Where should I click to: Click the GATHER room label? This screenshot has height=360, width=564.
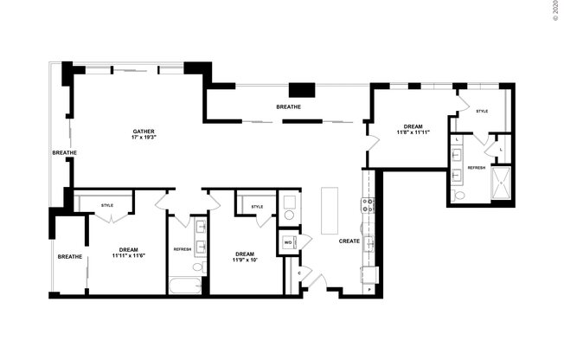(x=144, y=130)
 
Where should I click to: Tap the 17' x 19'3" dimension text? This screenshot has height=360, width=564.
(x=144, y=138)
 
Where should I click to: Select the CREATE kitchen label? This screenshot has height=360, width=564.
(x=349, y=241)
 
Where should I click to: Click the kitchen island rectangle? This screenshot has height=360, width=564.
(x=330, y=210)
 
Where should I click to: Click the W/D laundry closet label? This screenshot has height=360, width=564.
(x=288, y=242)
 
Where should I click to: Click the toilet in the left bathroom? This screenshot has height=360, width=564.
(x=197, y=267)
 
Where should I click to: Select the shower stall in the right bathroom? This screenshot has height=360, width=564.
(x=500, y=183)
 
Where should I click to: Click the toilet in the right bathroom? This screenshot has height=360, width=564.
(x=458, y=196)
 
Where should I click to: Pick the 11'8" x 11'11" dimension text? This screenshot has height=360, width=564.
(x=413, y=132)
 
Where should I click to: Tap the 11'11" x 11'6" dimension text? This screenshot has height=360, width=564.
(x=125, y=255)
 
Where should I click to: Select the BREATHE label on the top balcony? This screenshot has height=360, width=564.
(x=288, y=106)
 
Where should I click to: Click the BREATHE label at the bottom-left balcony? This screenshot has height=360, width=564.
(x=69, y=256)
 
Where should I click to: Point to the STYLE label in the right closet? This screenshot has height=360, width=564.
(x=482, y=111)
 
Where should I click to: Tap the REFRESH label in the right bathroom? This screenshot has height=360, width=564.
(x=477, y=167)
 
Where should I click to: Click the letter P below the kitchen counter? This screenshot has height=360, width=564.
(x=369, y=289)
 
